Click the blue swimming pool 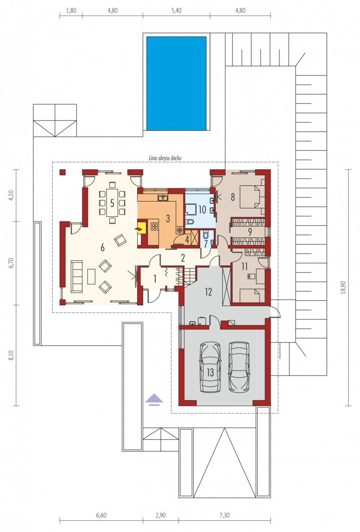pos(176,83)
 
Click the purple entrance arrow pos(154,399)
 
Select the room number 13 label pos(210,372)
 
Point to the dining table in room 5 pos(112,202)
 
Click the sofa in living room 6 pos(76,276)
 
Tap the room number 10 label pos(202,210)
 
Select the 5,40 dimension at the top pos(176,10)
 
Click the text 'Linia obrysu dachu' pos(165,158)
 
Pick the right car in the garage pos(239,367)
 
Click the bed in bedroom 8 pos(252,197)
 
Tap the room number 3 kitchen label pos(168,218)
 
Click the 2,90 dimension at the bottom pos(161,515)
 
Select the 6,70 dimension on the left pos(11,263)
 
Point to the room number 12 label pos(208,291)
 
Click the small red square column pos(63,172)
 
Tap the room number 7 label pos(206,244)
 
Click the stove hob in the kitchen pos(155,226)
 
